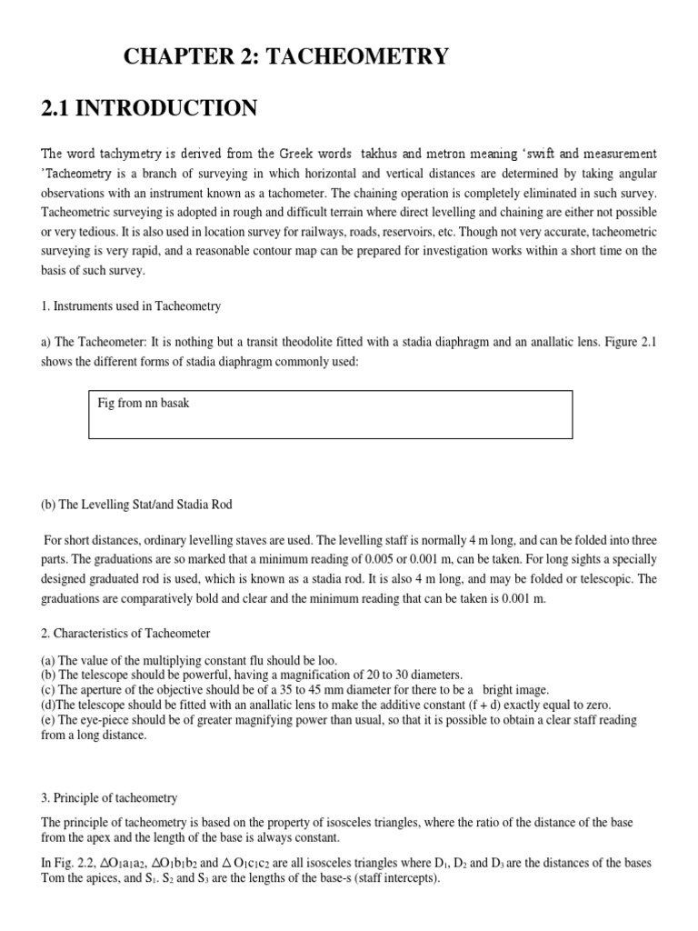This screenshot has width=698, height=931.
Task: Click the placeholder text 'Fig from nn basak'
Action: pos(144,403)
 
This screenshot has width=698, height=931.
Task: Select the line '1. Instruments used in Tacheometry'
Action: pos(132,306)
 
